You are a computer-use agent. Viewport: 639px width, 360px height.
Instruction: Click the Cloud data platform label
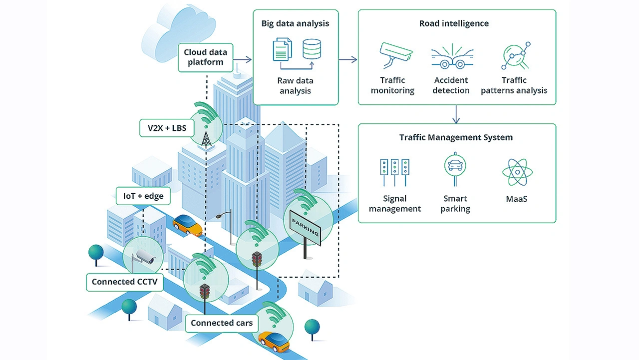(x=205, y=57)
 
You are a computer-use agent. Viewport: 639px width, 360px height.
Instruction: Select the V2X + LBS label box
(x=166, y=128)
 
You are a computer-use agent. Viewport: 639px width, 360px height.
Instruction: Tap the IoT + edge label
(x=143, y=196)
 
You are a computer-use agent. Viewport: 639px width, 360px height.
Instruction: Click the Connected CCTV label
(x=124, y=282)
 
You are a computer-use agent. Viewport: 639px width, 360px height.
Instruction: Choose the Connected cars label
(x=222, y=323)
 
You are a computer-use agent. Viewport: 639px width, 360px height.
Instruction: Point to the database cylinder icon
(x=312, y=48)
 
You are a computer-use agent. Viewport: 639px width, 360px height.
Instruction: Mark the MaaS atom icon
(x=516, y=172)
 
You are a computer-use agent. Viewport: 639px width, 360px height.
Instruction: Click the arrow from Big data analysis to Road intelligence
(x=348, y=60)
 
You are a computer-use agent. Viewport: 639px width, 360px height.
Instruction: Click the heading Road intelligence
(x=454, y=23)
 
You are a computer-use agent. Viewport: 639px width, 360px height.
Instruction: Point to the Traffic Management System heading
(x=456, y=137)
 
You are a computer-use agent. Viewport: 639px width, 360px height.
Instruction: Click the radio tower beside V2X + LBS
(x=206, y=139)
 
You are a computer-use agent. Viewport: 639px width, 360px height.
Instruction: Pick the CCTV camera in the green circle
(x=145, y=257)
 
